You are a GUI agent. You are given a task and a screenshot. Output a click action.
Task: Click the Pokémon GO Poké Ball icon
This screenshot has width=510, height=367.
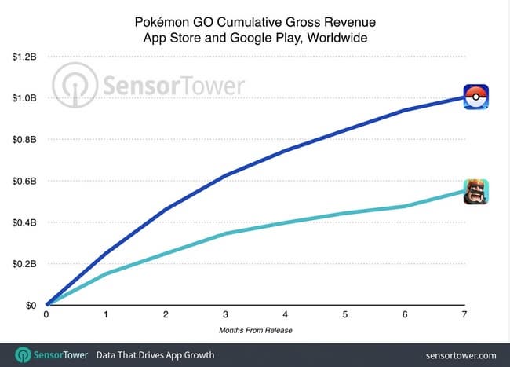click(x=475, y=97)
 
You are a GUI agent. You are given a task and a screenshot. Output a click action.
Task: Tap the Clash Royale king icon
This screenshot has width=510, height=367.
click(x=475, y=191)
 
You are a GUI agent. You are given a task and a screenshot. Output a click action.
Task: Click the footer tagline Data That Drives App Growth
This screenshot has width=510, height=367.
click(x=155, y=355)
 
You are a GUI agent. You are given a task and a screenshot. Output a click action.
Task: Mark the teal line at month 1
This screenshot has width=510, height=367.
click(x=107, y=273)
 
